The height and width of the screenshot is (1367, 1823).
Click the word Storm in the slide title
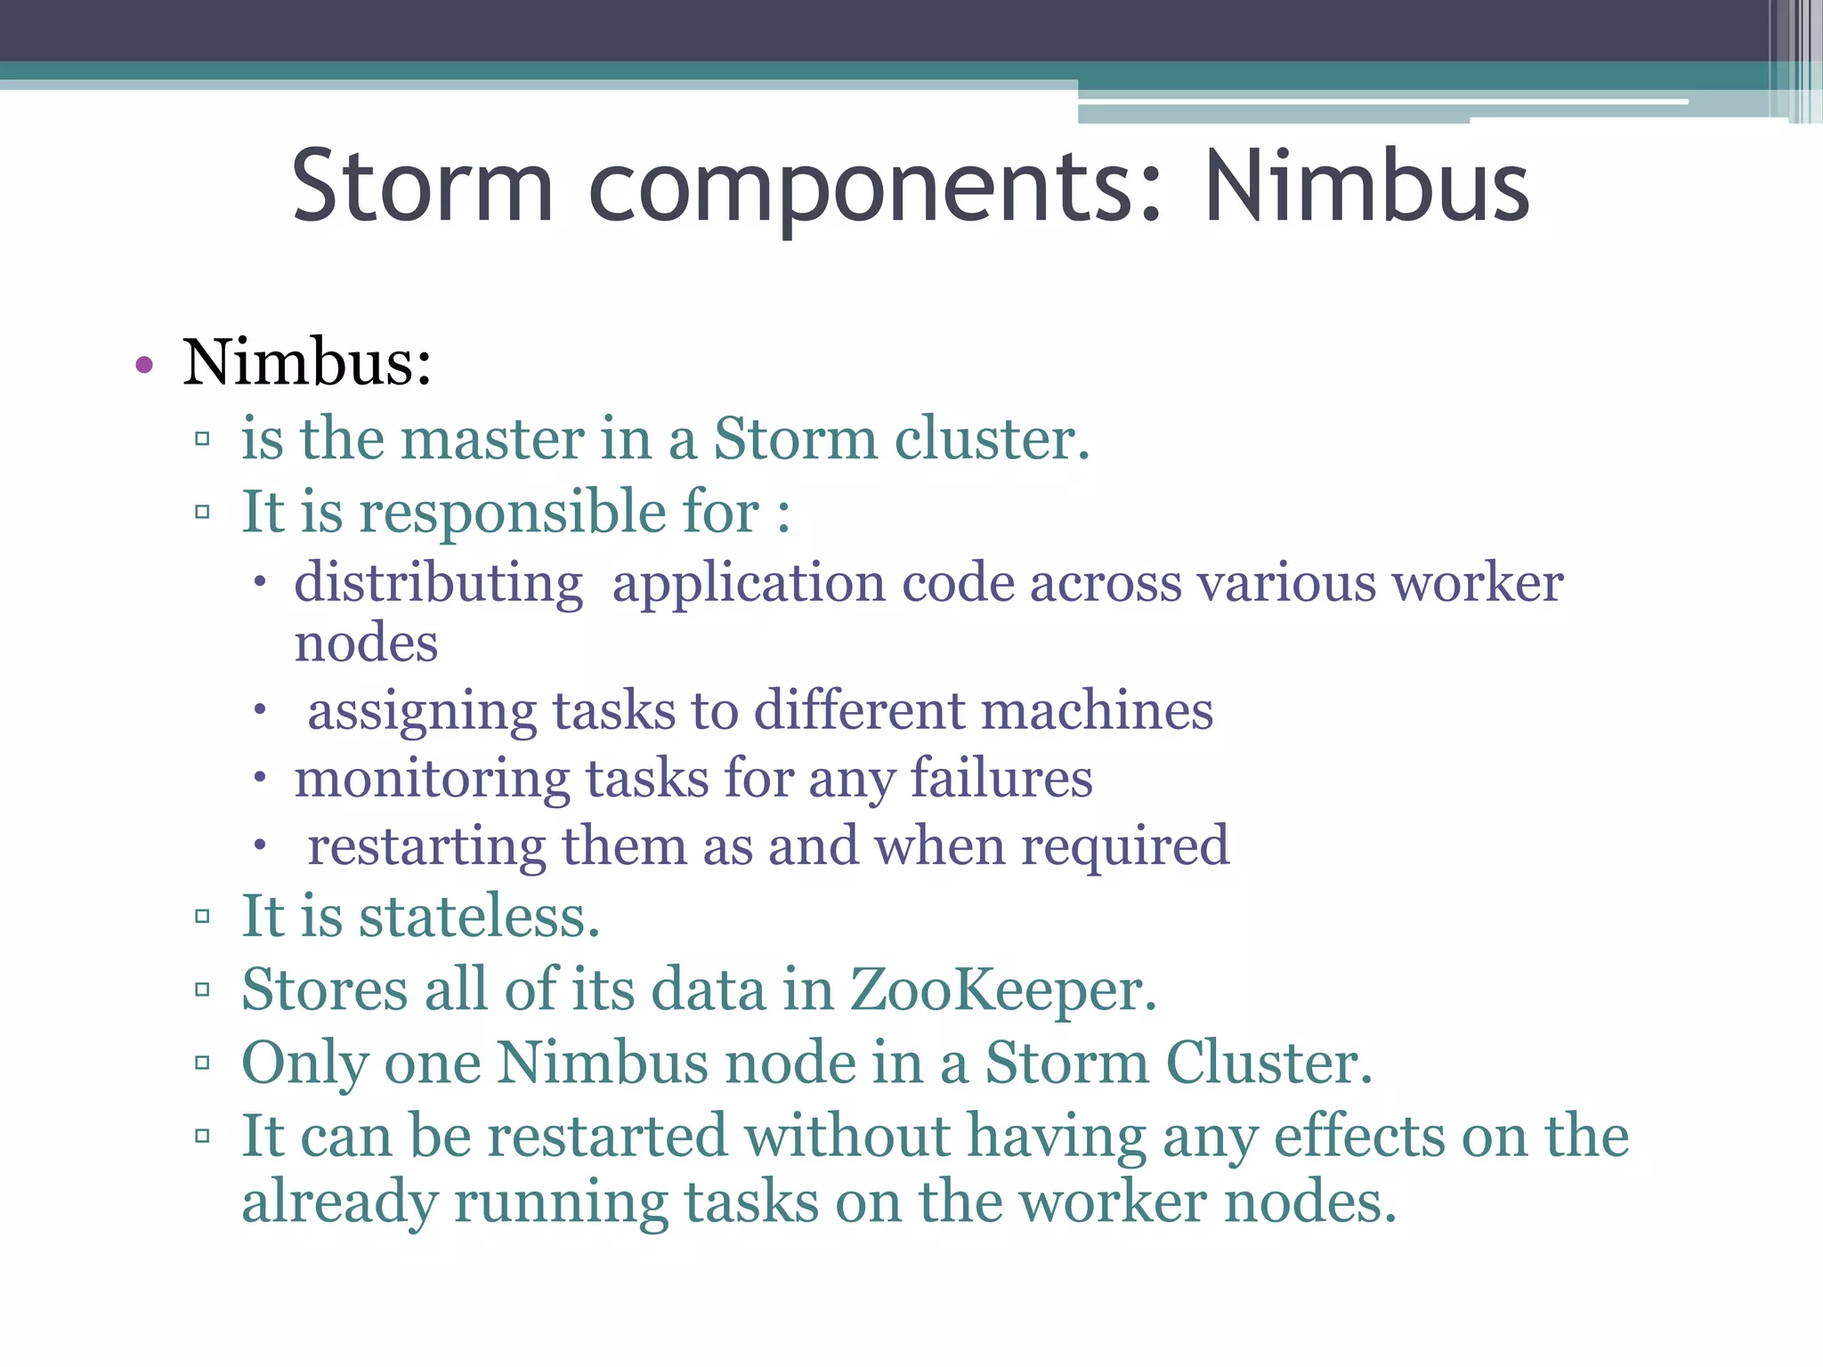click(423, 187)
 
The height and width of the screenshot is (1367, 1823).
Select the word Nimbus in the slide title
click(1366, 187)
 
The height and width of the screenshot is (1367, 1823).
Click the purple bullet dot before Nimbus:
click(144, 364)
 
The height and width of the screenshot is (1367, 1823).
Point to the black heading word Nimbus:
click(307, 363)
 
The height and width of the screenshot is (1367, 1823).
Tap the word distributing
click(439, 585)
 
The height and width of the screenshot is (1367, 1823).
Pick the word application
click(749, 585)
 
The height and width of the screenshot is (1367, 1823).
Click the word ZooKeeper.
click(1003, 990)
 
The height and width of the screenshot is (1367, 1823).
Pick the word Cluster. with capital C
click(1269, 1063)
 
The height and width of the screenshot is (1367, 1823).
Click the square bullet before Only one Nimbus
click(202, 1063)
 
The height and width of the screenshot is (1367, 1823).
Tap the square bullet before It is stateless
click(202, 917)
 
